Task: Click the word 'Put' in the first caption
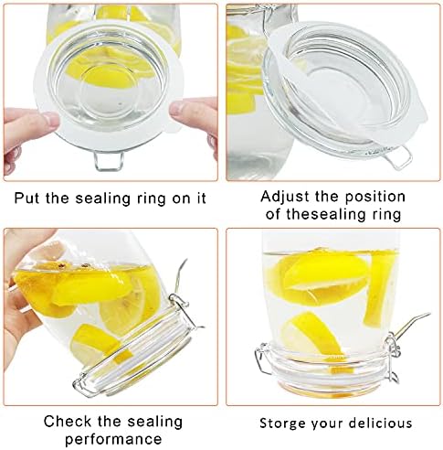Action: [27, 198]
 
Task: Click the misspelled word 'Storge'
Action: [279, 423]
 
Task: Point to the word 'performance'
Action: [113, 440]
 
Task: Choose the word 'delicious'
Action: [380, 423]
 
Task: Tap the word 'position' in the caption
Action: [375, 198]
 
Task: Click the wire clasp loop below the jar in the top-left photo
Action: [108, 161]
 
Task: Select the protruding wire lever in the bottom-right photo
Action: [411, 324]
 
